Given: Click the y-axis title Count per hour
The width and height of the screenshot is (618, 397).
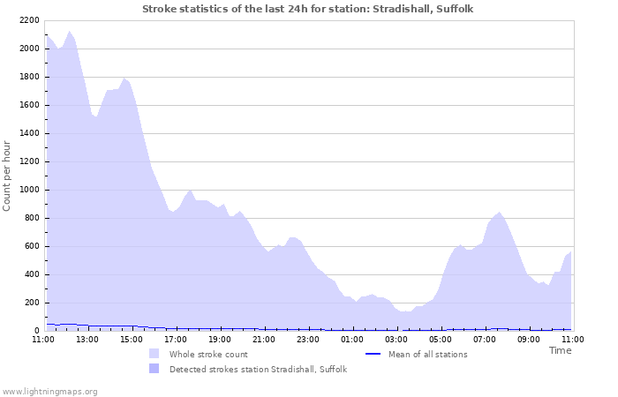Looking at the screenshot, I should pyautogui.click(x=8, y=176).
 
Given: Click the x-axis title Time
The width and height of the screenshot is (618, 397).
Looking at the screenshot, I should pyautogui.click(x=560, y=350).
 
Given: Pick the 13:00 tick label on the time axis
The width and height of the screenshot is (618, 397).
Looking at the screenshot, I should pyautogui.click(x=87, y=339).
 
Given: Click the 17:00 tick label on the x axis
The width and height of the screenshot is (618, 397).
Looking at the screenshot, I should pyautogui.click(x=176, y=339).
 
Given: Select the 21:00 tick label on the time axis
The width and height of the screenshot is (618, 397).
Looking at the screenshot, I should pyautogui.click(x=264, y=339).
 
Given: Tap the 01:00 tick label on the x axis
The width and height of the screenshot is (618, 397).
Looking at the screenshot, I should pyautogui.click(x=352, y=339).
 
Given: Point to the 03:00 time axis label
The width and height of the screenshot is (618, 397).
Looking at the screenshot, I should pyautogui.click(x=396, y=339).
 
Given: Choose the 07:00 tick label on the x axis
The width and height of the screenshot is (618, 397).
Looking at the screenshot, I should pyautogui.click(x=485, y=339).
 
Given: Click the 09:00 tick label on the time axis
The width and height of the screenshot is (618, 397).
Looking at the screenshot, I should pyautogui.click(x=529, y=339).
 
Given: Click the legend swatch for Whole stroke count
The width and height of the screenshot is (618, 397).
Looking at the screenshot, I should pyautogui.click(x=154, y=354).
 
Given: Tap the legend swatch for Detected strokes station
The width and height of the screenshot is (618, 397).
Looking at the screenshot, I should pyautogui.click(x=154, y=369).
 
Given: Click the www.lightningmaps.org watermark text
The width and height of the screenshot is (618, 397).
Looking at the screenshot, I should pyautogui.click(x=49, y=391).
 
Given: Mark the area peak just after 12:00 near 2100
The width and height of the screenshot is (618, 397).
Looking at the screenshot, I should pyautogui.click(x=69, y=32).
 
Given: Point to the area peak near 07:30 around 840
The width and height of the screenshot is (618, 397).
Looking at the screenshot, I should pyautogui.click(x=500, y=213).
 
